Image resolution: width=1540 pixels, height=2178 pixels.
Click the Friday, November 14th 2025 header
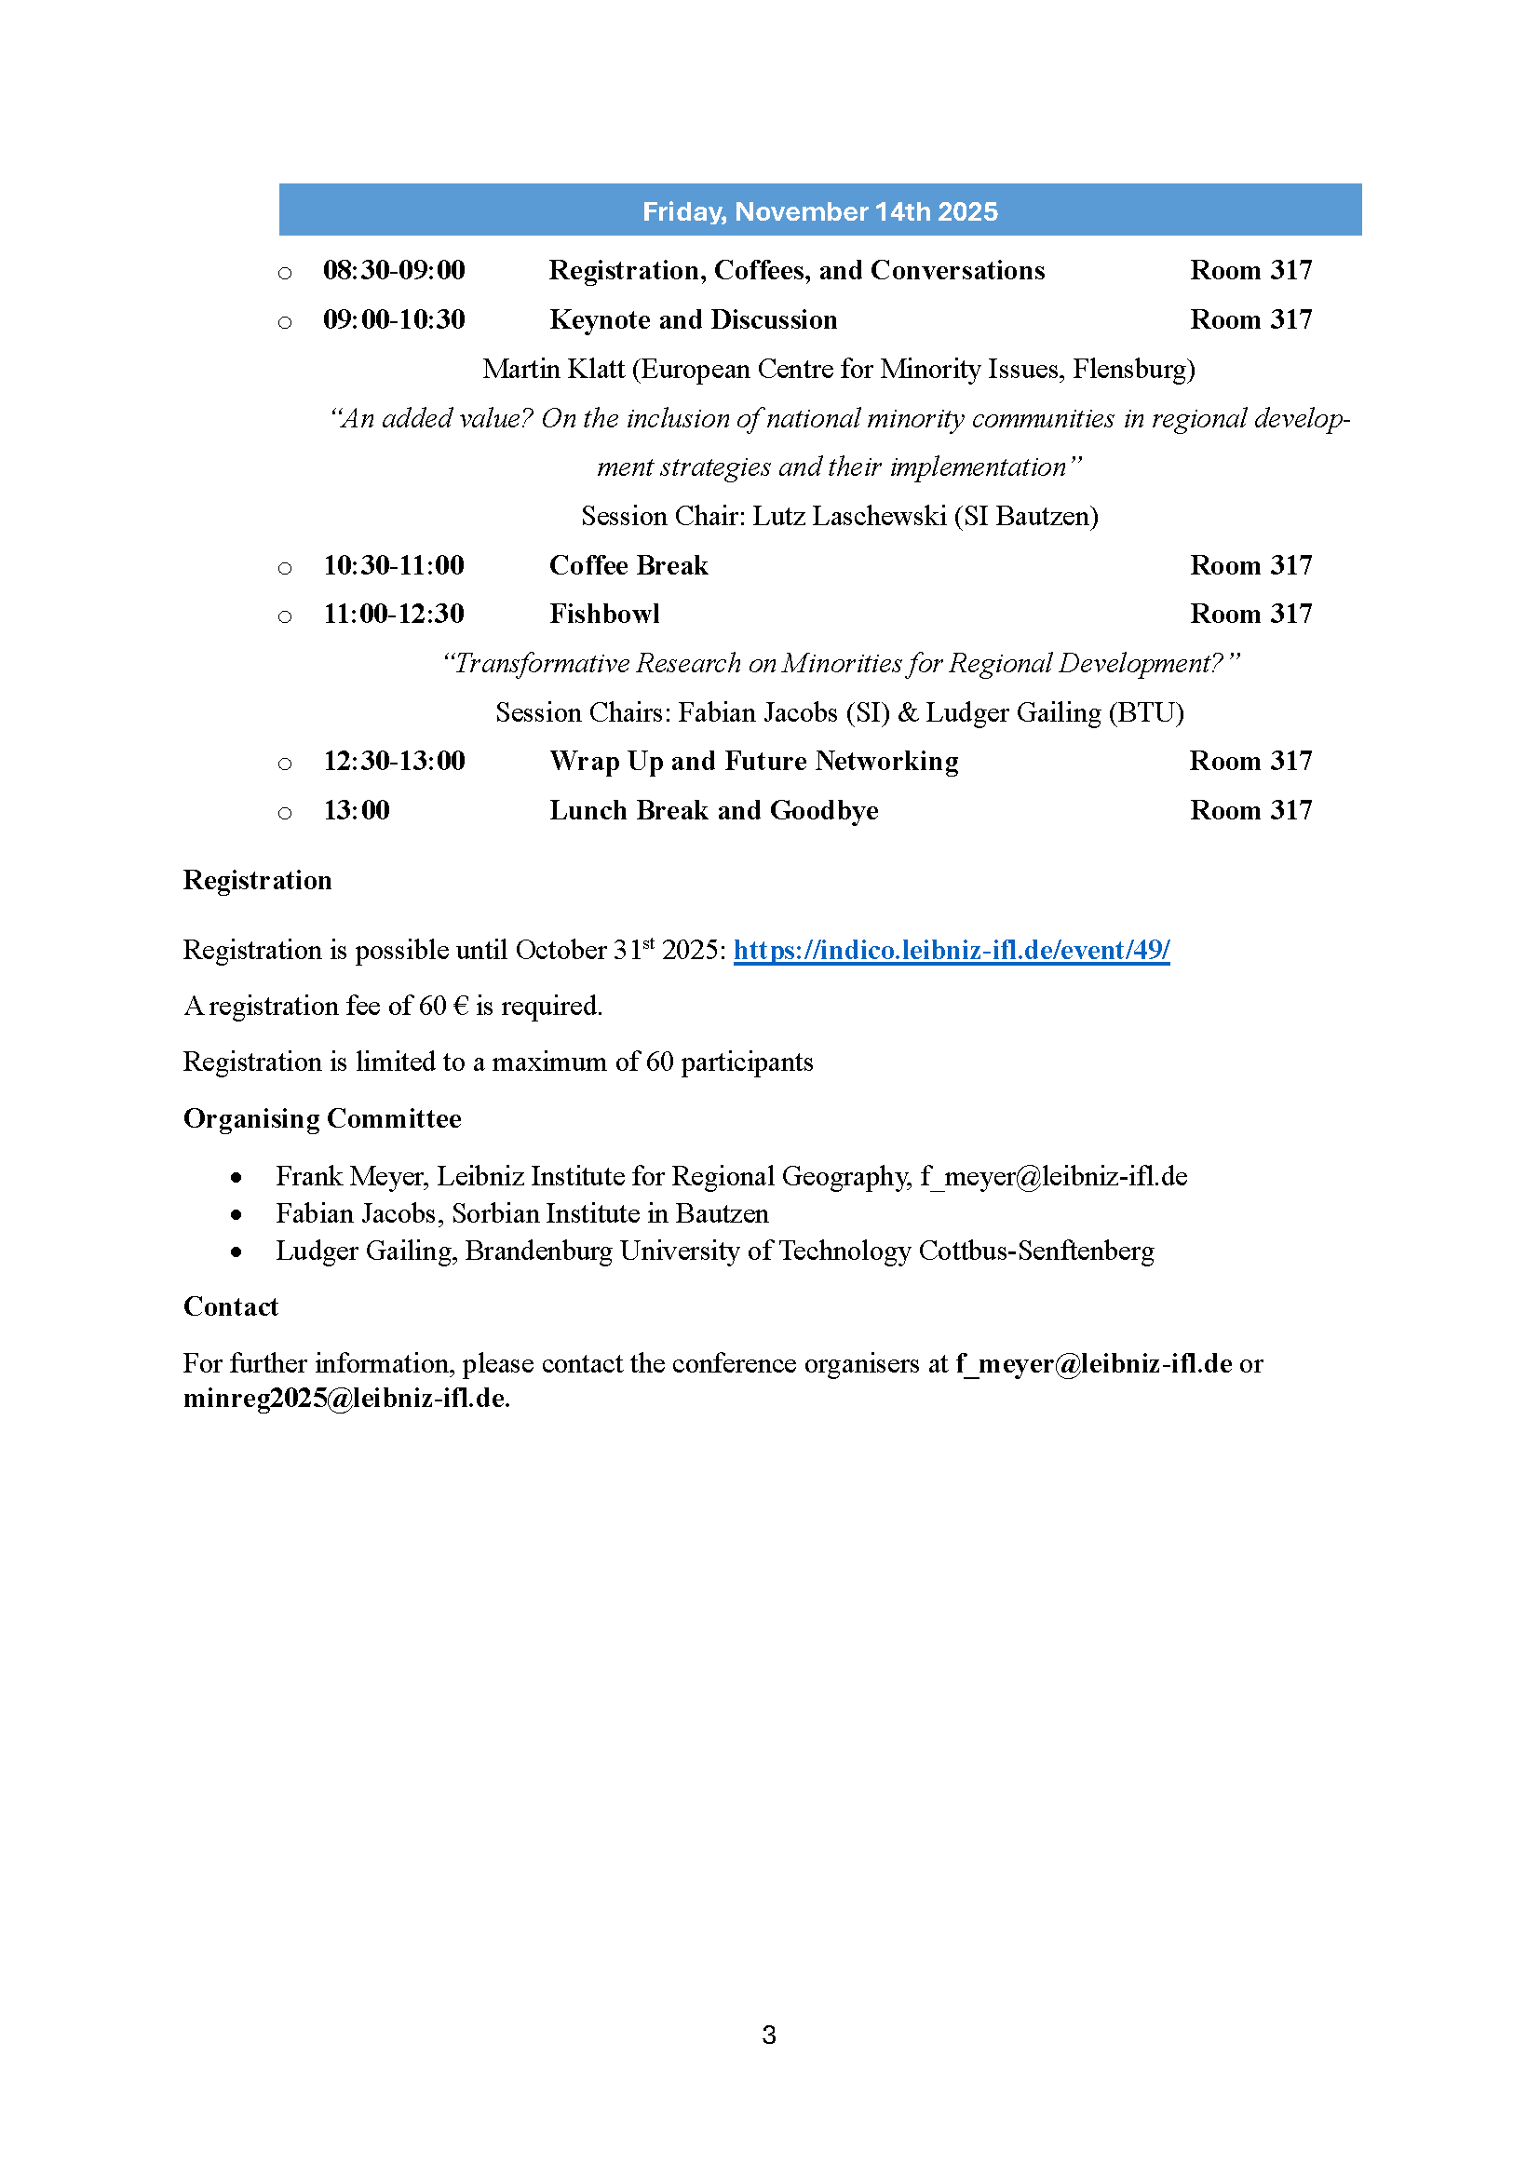(819, 210)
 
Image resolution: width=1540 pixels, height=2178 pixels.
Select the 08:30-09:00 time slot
(394, 270)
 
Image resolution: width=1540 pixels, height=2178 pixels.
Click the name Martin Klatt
(553, 369)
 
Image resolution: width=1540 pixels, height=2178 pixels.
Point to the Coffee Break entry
(628, 565)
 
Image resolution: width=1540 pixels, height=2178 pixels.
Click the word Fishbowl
(604, 614)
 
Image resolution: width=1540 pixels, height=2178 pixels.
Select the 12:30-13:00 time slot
(394, 761)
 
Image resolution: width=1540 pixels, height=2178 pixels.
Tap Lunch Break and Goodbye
(713, 810)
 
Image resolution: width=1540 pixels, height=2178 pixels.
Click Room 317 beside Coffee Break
(1250, 565)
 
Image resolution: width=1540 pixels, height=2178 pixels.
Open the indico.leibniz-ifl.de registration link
(952, 950)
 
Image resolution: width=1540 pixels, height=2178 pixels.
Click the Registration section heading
(257, 880)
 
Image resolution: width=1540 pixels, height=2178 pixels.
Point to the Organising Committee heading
(321, 1118)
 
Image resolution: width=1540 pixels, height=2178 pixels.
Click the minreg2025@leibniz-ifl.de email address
(345, 1399)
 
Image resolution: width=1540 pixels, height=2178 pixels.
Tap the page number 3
(769, 2035)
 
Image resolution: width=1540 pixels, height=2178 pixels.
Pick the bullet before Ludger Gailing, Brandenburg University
(236, 1252)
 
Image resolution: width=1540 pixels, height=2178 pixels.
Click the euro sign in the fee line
(461, 1006)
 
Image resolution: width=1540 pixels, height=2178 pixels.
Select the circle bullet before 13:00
(285, 813)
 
